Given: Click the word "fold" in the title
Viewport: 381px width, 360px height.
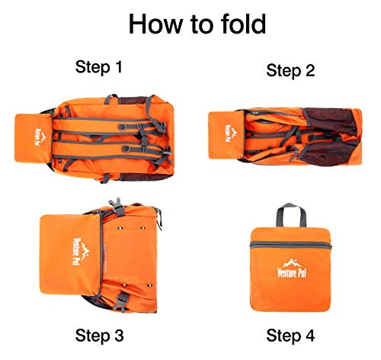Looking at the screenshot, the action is [x=243, y=24].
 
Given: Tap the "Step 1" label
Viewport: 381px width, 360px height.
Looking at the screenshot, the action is [x=99, y=67].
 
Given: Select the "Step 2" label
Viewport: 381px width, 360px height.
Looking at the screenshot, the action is [x=290, y=70].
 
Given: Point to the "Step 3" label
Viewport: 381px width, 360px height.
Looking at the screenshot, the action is [x=99, y=336].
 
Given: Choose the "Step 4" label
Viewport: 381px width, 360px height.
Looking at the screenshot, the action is [x=290, y=336].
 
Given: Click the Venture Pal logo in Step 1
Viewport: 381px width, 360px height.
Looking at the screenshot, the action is [x=40, y=137].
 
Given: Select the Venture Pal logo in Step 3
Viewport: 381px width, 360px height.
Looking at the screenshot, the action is [x=81, y=252].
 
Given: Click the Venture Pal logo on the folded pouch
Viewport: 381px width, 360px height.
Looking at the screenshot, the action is [x=292, y=268].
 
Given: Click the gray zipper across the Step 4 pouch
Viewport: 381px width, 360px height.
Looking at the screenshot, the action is [x=291, y=246].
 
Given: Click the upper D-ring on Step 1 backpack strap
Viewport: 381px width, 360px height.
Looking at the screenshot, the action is [x=123, y=127].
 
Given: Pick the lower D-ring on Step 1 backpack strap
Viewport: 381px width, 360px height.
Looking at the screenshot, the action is [x=126, y=149].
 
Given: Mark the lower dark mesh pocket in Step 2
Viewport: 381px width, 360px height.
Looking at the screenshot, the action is [x=330, y=153].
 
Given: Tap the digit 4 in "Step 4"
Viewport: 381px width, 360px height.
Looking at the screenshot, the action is [x=309, y=336].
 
